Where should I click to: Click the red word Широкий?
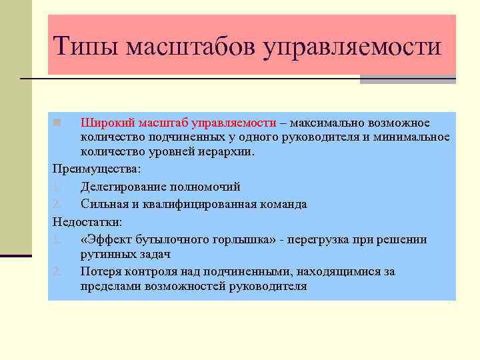pos(108,123)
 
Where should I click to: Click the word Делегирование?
pos(122,187)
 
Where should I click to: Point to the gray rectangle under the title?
pos(407,79)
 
